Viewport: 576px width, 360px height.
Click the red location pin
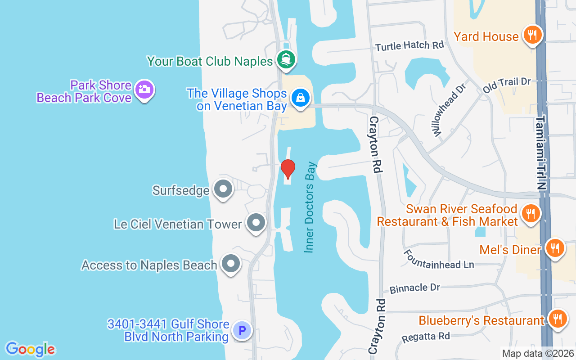(288, 169)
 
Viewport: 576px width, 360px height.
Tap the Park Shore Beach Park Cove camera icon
(144, 90)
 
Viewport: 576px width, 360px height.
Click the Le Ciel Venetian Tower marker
(256, 222)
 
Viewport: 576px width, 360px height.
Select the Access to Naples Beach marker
(231, 264)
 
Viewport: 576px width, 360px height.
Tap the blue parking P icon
(242, 331)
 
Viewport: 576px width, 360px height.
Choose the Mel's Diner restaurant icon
(555, 248)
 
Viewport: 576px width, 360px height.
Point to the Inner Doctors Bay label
(310, 207)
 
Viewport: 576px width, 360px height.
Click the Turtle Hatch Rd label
(409, 45)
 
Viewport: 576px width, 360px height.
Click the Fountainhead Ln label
(439, 259)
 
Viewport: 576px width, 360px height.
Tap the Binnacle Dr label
(414, 287)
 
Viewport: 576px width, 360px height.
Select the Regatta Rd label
(426, 336)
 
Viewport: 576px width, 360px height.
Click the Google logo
(30, 349)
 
